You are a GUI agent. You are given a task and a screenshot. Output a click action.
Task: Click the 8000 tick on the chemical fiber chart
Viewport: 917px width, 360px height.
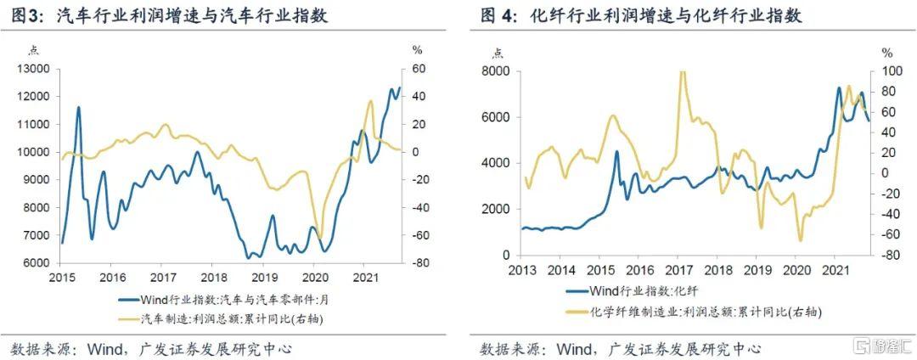point(496,71)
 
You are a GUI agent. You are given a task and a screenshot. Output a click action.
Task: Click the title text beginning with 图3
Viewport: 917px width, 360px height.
point(169,16)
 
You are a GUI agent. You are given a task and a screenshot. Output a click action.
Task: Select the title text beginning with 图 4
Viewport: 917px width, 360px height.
point(641,16)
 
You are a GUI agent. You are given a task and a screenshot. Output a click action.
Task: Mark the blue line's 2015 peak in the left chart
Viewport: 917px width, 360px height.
point(78,108)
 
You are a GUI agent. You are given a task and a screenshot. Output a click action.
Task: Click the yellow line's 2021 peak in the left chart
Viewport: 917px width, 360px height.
point(370,101)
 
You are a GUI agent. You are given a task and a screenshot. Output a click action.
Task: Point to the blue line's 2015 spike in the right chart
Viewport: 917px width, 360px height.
point(616,152)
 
